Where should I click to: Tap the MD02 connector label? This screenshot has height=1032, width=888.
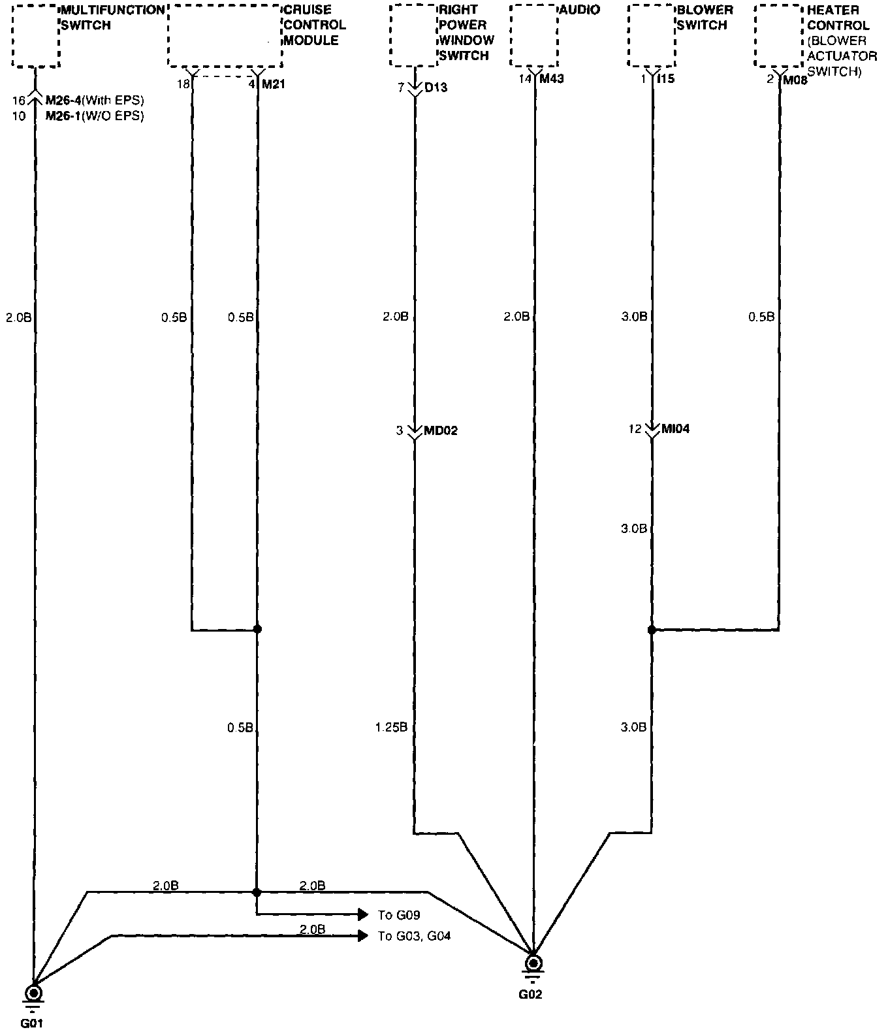coord(441,431)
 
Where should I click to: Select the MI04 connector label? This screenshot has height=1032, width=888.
coord(676,429)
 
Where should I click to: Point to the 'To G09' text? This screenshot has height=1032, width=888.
coord(398,915)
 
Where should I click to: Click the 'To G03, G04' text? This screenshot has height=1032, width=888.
coord(414,937)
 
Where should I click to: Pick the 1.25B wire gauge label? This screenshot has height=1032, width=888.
coord(392,727)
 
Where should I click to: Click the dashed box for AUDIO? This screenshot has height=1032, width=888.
coord(533,35)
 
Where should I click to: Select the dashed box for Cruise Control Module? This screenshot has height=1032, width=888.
coord(225,35)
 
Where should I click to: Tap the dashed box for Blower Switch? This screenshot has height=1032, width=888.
coord(651,35)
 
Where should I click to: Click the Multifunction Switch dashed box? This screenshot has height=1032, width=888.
coord(36,35)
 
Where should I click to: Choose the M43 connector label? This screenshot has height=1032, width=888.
coord(552,80)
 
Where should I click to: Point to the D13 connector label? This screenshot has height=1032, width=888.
coord(436,88)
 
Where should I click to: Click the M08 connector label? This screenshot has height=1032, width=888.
coord(795,81)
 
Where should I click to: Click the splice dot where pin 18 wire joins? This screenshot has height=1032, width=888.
coord(257,629)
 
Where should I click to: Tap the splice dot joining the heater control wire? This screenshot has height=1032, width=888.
coord(652,630)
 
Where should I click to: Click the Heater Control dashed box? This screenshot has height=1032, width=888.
coord(778,35)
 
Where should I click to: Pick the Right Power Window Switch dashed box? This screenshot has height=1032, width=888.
coord(413,35)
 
